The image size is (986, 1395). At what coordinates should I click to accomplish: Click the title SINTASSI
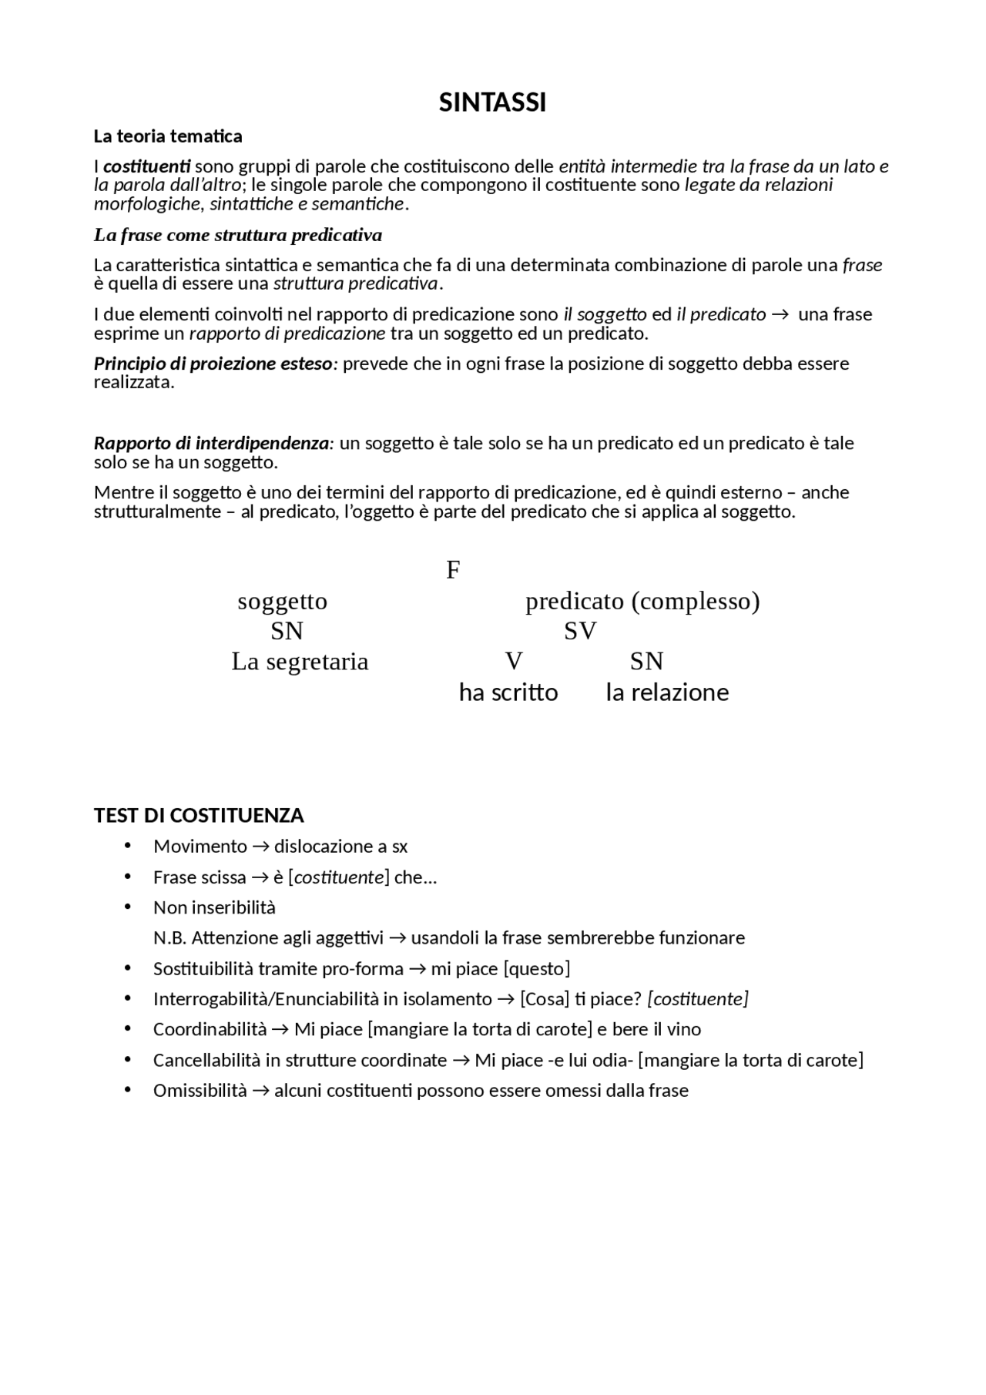(492, 102)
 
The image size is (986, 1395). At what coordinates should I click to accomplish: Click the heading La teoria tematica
(168, 136)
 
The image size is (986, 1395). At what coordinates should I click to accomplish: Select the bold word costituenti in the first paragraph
(146, 166)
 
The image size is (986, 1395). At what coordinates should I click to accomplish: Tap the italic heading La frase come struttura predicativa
(237, 234)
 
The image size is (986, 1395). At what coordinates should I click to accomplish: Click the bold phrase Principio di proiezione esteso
(213, 364)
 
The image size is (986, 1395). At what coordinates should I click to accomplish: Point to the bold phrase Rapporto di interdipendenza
(211, 444)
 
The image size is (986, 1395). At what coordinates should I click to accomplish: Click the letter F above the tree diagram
(453, 570)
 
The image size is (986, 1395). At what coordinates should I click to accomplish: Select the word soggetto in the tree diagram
(283, 601)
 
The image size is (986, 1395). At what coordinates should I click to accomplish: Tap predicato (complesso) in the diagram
(642, 601)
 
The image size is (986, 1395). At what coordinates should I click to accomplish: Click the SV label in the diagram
(580, 632)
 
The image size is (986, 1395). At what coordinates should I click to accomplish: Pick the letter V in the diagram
(514, 662)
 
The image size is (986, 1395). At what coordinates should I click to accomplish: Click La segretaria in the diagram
(300, 662)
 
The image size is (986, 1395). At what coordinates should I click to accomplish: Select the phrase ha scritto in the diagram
(508, 692)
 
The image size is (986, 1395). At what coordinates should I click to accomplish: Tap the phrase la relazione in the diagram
(667, 692)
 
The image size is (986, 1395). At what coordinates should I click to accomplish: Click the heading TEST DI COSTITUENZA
(199, 816)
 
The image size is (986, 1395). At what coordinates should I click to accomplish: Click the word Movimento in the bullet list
(200, 847)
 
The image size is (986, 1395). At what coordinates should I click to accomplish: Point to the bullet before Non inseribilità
(128, 907)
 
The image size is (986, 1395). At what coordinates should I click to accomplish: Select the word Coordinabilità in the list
(210, 1030)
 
